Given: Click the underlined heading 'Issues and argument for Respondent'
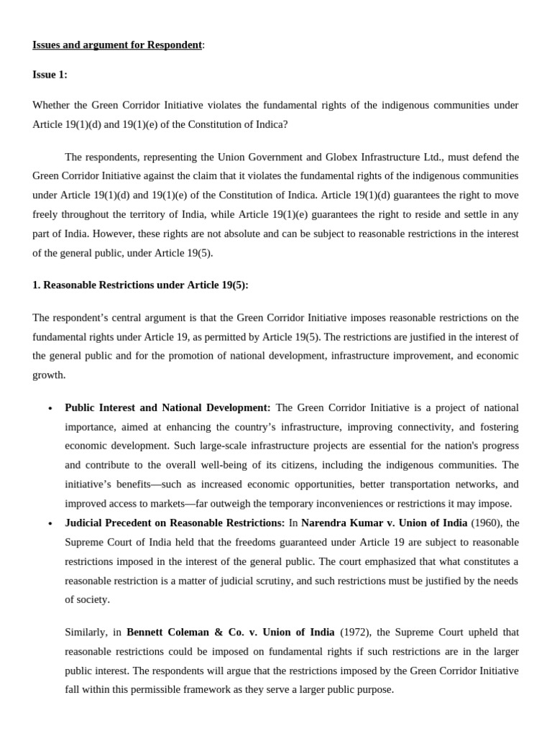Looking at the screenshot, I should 117,45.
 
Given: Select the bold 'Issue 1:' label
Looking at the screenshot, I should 50,75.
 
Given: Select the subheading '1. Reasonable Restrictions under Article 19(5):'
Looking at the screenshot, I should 140,285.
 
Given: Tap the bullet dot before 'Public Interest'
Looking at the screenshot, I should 50,408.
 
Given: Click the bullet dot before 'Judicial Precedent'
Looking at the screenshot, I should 50,523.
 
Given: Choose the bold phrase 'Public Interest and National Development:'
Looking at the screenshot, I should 167,408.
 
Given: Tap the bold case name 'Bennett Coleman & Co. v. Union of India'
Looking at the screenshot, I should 230,632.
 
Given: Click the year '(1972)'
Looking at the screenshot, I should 355,632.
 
